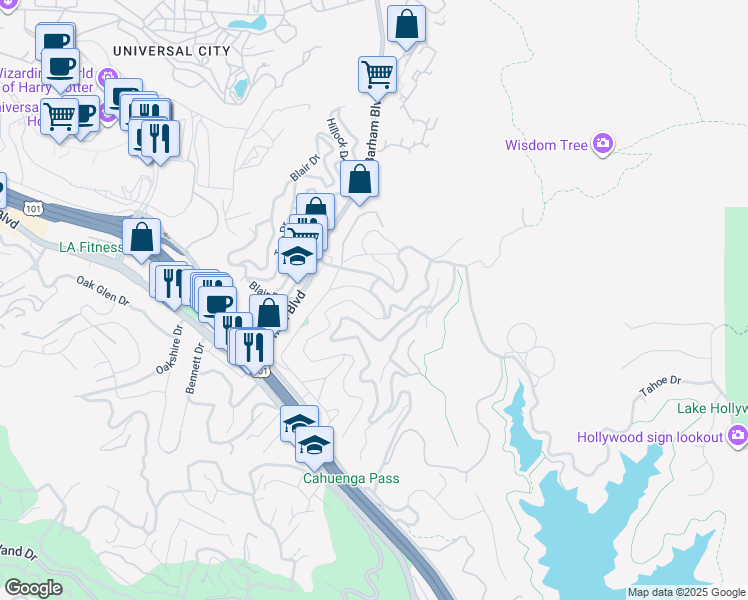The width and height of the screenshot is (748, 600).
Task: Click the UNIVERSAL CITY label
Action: coord(172,50)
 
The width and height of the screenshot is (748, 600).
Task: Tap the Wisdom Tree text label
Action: coord(545,145)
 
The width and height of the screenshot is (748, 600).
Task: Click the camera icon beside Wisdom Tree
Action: coord(602,145)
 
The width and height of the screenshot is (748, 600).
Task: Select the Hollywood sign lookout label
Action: coord(650,437)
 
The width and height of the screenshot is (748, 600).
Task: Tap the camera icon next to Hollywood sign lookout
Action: coord(738,435)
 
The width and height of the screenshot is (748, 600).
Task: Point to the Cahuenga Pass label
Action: coord(352,478)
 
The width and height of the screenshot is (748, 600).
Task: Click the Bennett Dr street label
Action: coord(195,369)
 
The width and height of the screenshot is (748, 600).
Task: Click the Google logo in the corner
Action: coord(32,587)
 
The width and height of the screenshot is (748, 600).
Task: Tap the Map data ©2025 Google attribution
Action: coord(686,592)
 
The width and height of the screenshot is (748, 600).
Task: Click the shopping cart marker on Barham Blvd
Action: coord(377,73)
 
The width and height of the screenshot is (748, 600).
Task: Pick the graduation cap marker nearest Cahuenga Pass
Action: coord(314,444)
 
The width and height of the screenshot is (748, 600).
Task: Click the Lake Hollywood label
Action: coord(711,408)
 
